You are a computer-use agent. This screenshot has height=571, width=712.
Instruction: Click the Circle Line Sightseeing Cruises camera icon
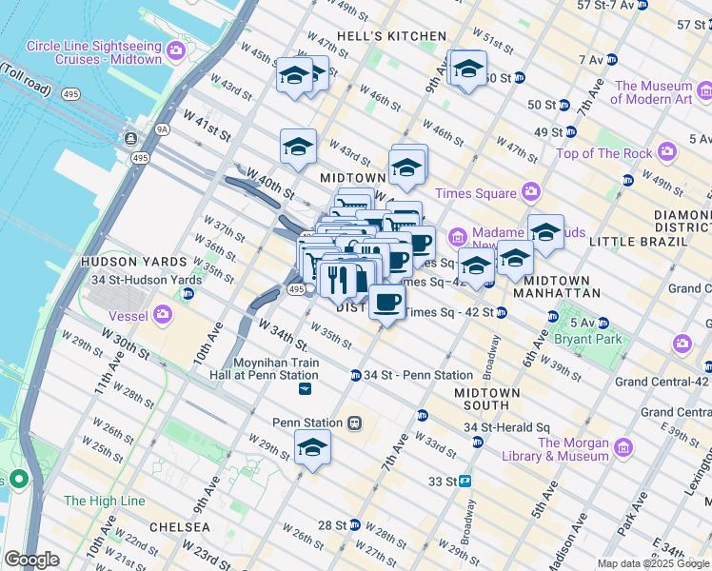175,50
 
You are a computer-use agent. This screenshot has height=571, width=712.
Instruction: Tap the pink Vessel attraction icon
163,312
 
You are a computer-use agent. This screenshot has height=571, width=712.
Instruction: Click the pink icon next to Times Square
530,193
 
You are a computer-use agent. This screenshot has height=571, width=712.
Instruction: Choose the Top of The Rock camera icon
666,152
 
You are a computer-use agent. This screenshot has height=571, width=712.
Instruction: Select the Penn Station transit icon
354,422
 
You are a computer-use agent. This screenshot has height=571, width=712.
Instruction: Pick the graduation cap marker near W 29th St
311,448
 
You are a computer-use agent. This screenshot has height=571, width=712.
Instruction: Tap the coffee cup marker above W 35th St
386,303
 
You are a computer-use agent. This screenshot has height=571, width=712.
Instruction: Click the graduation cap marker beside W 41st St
298,147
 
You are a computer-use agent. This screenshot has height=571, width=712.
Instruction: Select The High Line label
104,501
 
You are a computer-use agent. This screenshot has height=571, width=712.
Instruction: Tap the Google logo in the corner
31,560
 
